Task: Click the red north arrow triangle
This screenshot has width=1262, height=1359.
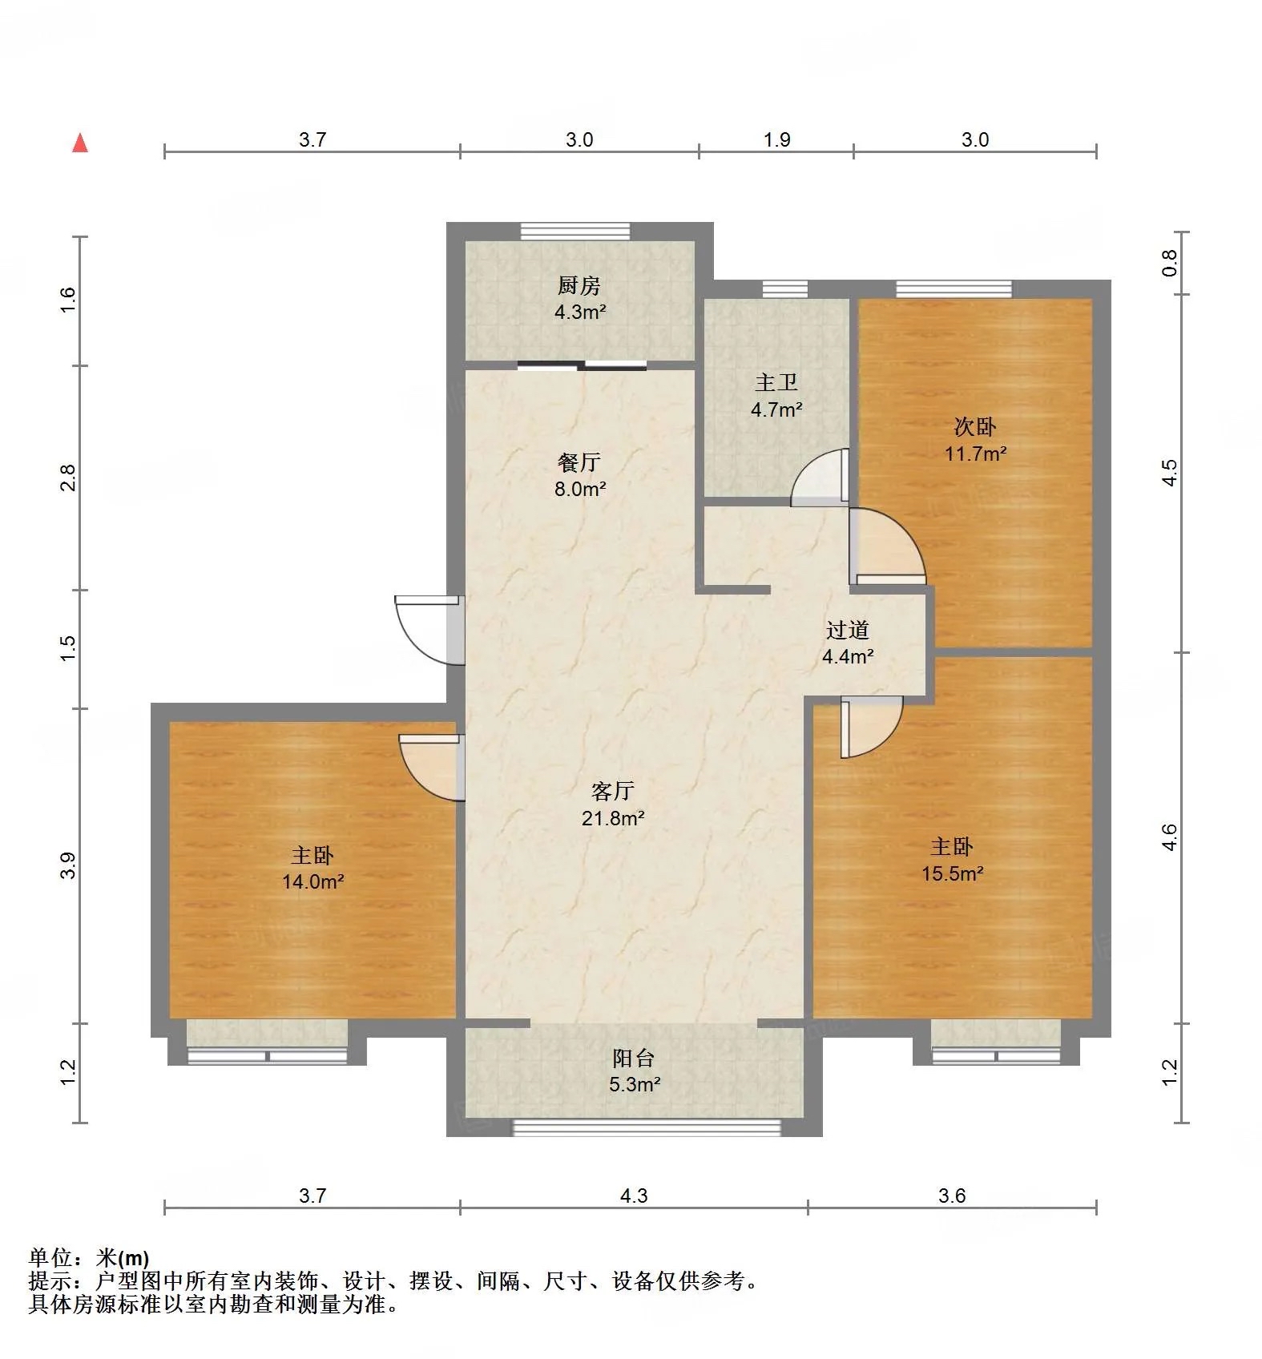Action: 80,143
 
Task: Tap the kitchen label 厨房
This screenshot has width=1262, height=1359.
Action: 579,285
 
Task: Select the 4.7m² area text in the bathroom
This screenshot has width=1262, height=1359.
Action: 776,409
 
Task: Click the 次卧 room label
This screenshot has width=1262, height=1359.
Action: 974,426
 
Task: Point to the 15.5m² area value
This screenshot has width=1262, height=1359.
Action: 952,873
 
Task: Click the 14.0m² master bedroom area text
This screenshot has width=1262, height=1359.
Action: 312,882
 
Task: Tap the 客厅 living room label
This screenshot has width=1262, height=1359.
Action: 613,792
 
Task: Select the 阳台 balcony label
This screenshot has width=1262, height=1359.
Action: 634,1059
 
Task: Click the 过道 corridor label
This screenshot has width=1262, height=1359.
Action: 848,630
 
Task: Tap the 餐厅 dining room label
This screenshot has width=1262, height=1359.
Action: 579,462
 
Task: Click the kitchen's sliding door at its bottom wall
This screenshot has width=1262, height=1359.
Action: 582,366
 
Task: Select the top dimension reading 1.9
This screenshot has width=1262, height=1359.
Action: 776,140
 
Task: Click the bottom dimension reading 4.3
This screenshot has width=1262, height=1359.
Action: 633,1196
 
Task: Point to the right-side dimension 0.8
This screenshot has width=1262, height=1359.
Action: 1170,263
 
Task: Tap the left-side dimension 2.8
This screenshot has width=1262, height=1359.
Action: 69,478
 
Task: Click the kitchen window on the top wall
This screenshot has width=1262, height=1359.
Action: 575,232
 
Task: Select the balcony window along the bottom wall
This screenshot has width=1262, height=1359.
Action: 646,1127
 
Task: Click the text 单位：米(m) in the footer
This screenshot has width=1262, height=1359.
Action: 89,1258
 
